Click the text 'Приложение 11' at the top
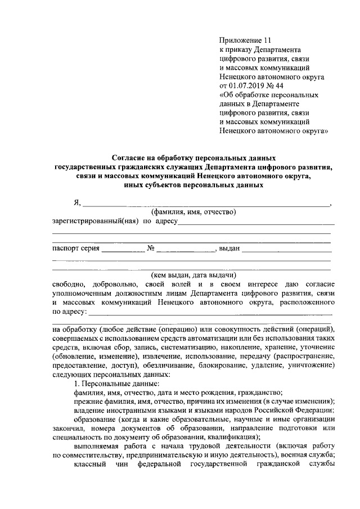click(245, 41)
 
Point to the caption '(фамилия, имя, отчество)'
click(192, 212)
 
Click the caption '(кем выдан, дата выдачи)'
click(192, 276)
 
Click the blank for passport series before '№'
click(123, 249)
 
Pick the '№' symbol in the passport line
click(151, 248)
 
